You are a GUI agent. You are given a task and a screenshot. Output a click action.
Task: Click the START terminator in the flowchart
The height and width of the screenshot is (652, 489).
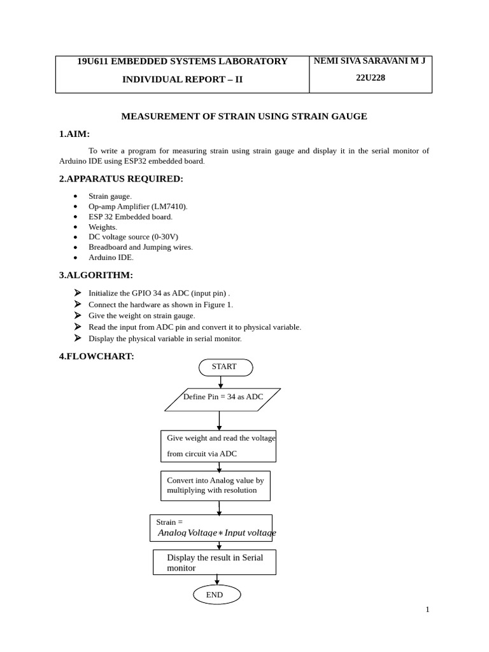click(x=225, y=367)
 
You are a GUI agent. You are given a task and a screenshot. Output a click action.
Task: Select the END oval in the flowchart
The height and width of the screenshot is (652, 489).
click(x=216, y=595)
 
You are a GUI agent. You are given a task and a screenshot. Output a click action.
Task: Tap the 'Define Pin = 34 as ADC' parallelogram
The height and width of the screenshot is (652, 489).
click(x=222, y=399)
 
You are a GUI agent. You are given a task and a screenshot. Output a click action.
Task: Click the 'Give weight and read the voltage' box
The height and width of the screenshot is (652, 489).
click(x=218, y=446)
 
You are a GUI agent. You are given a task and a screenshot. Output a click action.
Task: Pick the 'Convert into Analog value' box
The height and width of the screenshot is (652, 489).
click(x=215, y=486)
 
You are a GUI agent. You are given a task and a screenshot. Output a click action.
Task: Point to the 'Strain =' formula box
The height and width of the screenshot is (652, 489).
click(x=211, y=528)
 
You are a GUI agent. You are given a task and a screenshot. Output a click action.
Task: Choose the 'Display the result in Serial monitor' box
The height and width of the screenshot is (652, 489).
click(x=214, y=562)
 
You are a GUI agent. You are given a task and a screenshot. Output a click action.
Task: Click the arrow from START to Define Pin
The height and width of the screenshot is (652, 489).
click(x=221, y=382)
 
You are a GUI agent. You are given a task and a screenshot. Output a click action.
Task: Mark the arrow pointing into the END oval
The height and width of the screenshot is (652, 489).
click(x=217, y=579)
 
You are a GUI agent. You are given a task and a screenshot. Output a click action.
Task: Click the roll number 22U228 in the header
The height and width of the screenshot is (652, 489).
click(x=370, y=78)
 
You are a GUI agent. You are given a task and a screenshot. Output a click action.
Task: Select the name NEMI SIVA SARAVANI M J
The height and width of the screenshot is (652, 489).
click(x=370, y=61)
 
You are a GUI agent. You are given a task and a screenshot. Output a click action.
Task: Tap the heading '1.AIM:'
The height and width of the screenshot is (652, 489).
click(x=74, y=134)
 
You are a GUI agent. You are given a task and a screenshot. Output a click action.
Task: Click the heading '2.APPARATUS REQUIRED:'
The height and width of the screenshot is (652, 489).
click(x=121, y=179)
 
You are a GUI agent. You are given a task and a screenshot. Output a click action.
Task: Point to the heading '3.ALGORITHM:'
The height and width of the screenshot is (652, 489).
click(x=96, y=275)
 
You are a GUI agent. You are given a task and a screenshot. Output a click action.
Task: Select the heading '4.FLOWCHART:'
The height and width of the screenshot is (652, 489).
click(x=97, y=357)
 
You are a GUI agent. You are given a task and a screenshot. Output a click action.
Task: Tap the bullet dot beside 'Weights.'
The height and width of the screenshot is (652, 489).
click(x=75, y=227)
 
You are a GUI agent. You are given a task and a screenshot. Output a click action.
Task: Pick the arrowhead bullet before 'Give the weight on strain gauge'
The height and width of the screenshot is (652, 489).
click(x=78, y=315)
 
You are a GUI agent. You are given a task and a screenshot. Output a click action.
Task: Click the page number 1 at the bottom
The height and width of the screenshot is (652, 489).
click(x=427, y=609)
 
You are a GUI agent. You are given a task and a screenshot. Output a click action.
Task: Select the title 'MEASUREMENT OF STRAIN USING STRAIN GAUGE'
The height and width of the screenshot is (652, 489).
click(x=244, y=117)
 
